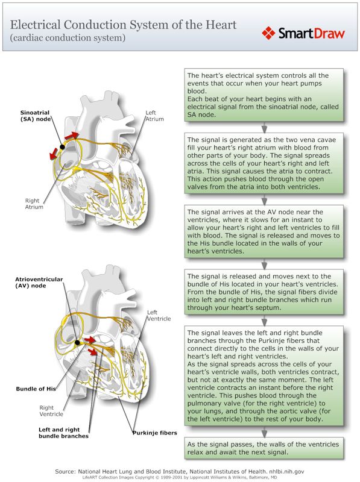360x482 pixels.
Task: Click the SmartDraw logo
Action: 303,33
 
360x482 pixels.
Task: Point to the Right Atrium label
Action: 33,204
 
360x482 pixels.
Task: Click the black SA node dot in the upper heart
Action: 62,146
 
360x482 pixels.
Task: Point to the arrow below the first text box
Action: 264,128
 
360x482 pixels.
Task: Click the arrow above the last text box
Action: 264,432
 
